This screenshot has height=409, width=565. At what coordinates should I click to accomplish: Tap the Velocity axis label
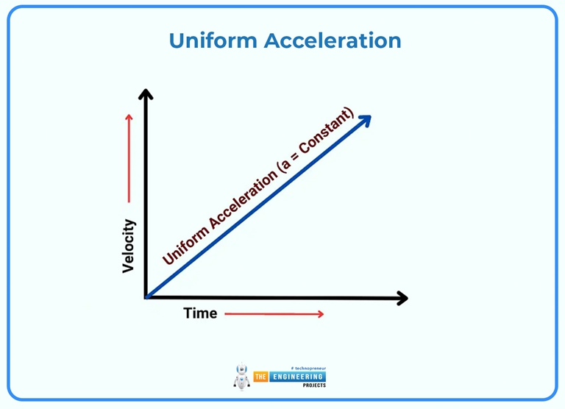coord(129,246)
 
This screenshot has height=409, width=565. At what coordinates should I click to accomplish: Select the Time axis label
coord(200,313)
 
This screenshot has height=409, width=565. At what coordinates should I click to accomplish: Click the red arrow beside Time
coord(274,314)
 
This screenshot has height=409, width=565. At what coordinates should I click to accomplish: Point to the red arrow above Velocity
coord(129,157)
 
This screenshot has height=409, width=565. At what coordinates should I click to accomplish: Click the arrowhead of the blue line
coord(364,121)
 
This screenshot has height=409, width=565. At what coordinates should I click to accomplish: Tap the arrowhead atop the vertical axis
coord(146,94)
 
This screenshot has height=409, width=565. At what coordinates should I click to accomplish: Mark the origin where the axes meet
coord(146,297)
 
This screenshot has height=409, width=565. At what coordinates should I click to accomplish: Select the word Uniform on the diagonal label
coord(185,243)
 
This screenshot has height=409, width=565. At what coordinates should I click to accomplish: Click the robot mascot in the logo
coord(241,377)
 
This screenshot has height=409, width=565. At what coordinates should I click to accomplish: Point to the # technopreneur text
coord(308,367)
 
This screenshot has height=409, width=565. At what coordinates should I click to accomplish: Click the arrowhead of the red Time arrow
coord(320,314)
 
